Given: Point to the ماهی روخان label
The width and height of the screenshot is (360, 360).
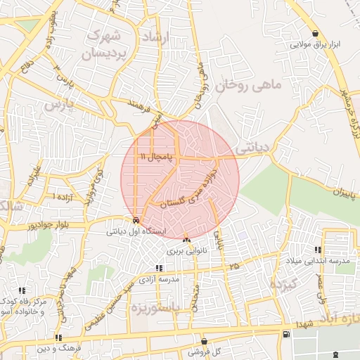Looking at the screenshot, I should pos(247,85).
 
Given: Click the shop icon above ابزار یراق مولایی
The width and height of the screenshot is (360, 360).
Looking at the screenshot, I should pos(317,33).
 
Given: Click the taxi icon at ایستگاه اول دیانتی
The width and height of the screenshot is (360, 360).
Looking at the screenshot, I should pos(135,220).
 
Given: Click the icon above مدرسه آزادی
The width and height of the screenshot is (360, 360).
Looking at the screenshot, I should pos(160,268).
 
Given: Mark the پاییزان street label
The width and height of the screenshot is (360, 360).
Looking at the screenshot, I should pos(330,191).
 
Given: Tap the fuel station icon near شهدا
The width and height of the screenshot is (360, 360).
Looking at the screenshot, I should pos(285,334).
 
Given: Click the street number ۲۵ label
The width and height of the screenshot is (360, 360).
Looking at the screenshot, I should pos(233,266).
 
